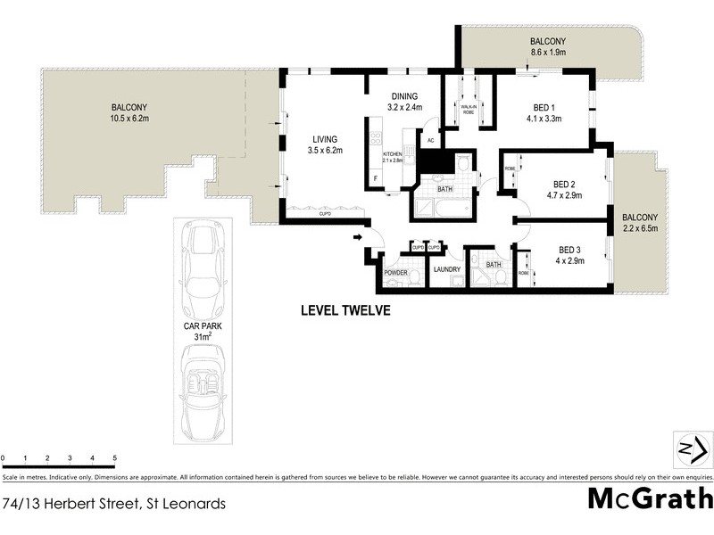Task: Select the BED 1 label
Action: [543, 110]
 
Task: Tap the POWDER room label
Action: [395, 273]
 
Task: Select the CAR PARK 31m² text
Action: [203, 331]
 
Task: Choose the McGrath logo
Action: [650, 498]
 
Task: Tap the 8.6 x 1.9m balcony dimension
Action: [547, 53]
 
